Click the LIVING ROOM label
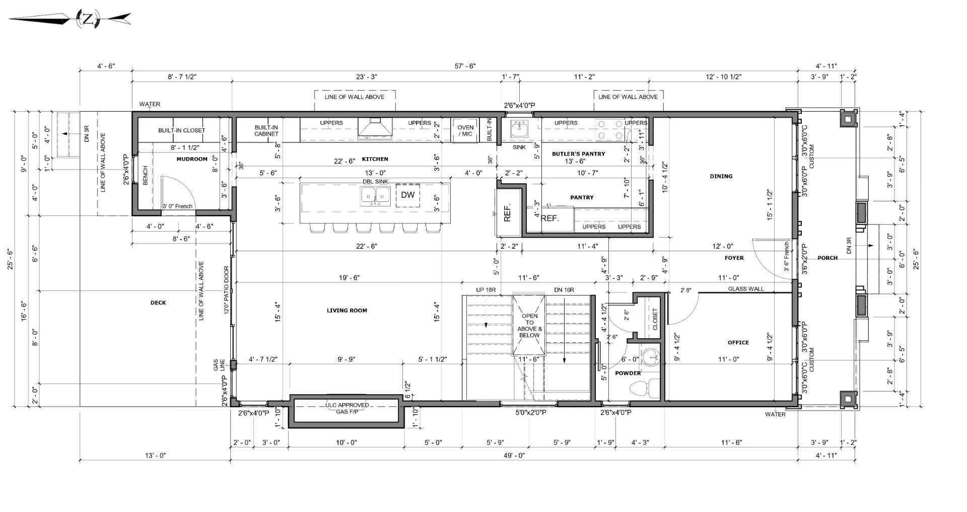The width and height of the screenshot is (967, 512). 347,311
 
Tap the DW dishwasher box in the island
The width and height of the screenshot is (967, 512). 407,195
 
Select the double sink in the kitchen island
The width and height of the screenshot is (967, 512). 375,195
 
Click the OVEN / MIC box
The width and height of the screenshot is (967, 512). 465,130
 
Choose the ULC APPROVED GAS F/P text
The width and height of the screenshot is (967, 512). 347,408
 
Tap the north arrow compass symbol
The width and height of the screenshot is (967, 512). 88,20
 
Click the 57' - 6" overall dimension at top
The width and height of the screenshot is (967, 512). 464,66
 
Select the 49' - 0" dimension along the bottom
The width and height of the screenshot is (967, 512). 514,455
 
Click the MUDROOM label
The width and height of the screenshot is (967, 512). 192,159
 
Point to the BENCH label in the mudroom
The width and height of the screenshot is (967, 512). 146,175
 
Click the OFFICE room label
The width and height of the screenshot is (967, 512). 738,342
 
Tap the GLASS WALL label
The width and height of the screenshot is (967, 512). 745,289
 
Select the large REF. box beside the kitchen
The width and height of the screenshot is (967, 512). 508,212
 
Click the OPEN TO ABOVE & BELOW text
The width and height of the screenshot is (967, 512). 529,326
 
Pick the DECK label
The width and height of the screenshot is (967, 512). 158,303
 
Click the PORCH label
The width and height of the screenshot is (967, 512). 827,258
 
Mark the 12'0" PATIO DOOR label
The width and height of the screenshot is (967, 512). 226,290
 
